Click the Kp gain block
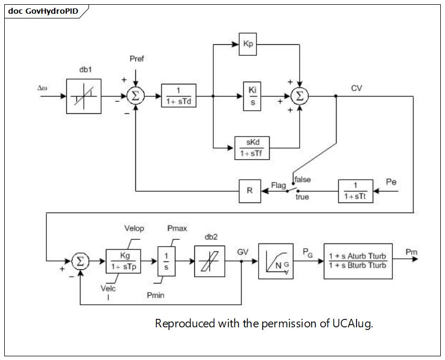click(x=248, y=44)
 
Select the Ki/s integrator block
click(x=252, y=96)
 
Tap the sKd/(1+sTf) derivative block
click(x=252, y=148)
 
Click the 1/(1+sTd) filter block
click(x=179, y=96)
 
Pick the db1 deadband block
click(x=84, y=96)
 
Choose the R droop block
click(x=250, y=191)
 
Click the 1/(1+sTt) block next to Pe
click(x=355, y=191)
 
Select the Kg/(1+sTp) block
click(x=123, y=261)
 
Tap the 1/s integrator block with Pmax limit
click(x=166, y=261)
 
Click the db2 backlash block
click(x=210, y=261)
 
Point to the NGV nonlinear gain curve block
click(x=276, y=261)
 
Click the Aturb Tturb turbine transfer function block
click(x=358, y=261)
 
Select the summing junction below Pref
click(x=136, y=96)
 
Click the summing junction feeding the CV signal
click(x=300, y=96)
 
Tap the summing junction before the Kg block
click(x=81, y=261)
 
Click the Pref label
click(x=137, y=59)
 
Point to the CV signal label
click(x=357, y=89)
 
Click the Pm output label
click(x=411, y=252)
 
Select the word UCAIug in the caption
click(x=352, y=324)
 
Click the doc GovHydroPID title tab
click(x=43, y=11)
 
